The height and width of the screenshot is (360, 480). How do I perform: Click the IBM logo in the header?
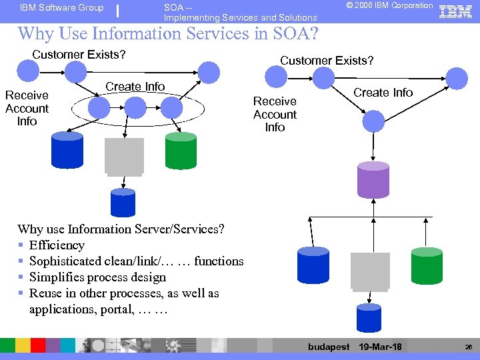pos(456,11)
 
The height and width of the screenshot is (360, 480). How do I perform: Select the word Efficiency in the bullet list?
pos(57,245)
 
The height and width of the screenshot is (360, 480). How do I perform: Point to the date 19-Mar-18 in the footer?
pos(380,347)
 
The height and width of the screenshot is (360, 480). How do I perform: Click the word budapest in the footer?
pos(329,347)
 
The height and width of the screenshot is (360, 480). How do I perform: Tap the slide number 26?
pos(468,347)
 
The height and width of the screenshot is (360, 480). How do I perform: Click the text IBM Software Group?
pos(62,8)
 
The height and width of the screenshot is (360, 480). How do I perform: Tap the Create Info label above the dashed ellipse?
pos(135,87)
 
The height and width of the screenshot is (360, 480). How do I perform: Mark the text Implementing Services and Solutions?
pos(240,17)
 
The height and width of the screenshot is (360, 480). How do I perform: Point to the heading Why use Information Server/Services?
pos(121,229)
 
